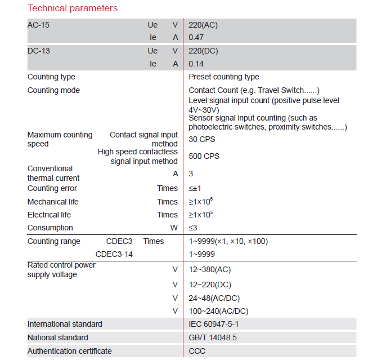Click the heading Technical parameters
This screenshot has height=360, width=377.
[x=73, y=8]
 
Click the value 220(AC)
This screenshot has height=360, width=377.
[x=203, y=25]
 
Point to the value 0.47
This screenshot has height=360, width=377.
[x=196, y=38]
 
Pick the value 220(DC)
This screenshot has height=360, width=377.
[x=203, y=51]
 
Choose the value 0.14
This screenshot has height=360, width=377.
[x=196, y=64]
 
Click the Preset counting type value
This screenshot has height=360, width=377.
[x=224, y=77]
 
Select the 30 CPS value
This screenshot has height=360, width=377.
[x=201, y=139]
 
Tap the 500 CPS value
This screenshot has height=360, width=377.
[x=204, y=156]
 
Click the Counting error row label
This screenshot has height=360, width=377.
[x=52, y=188]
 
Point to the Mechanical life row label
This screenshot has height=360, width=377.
[x=53, y=202]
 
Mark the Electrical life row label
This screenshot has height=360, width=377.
[x=50, y=215]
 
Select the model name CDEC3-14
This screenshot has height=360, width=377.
[x=114, y=255]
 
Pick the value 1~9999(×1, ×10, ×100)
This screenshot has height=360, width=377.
[x=228, y=241]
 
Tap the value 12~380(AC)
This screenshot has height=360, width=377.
[x=210, y=269]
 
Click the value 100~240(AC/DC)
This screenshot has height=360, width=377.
[x=219, y=311]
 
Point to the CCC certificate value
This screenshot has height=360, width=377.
[x=197, y=351]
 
